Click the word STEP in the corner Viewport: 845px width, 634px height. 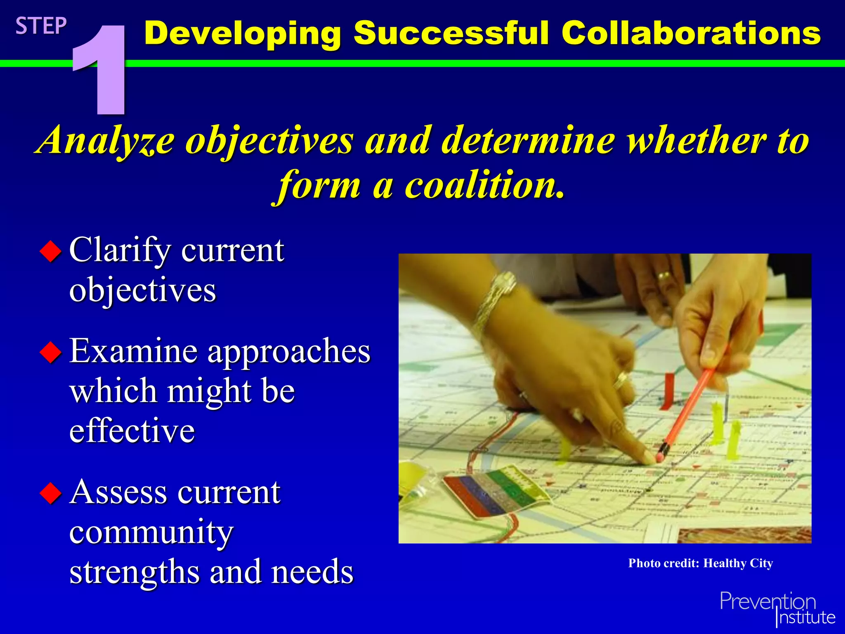click(41, 26)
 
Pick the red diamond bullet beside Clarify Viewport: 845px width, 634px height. click(51, 251)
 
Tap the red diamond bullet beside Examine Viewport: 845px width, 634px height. click(51, 352)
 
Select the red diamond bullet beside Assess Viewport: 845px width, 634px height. click(51, 493)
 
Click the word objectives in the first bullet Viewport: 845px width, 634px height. click(142, 290)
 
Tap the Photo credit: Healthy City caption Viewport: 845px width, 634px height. click(700, 563)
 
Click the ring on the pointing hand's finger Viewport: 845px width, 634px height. click(620, 380)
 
